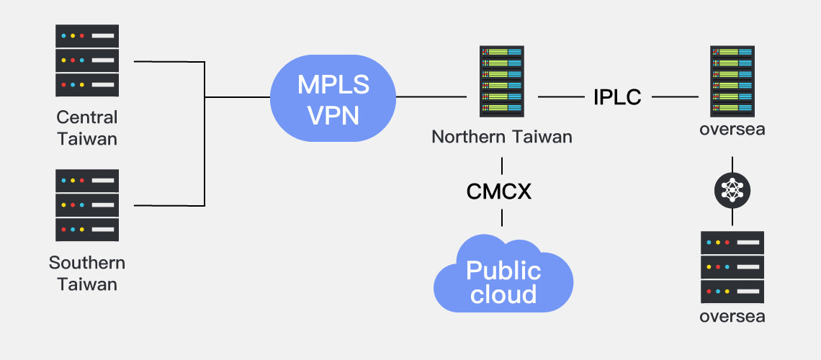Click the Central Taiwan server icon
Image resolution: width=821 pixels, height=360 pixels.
[87, 60]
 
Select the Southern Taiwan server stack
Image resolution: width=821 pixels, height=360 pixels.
[87, 205]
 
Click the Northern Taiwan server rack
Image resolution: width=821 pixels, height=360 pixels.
[502, 81]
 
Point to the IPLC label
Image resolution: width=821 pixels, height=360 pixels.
[617, 97]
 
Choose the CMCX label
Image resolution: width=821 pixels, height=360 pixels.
[499, 192]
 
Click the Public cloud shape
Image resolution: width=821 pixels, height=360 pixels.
[503, 276]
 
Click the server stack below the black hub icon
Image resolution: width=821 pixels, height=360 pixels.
[732, 266]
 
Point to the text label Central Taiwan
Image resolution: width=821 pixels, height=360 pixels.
[87, 127]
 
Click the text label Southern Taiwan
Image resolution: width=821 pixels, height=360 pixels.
[87, 274]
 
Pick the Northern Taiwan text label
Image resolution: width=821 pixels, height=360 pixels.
[502, 137]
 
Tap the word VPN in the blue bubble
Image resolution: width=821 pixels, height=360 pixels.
[333, 114]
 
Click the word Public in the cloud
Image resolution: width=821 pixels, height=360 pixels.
[503, 271]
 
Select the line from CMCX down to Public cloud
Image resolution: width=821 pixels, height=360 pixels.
[502, 217]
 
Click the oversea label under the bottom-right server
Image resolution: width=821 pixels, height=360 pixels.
[732, 317]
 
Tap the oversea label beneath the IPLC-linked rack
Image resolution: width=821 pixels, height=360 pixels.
[732, 130]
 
